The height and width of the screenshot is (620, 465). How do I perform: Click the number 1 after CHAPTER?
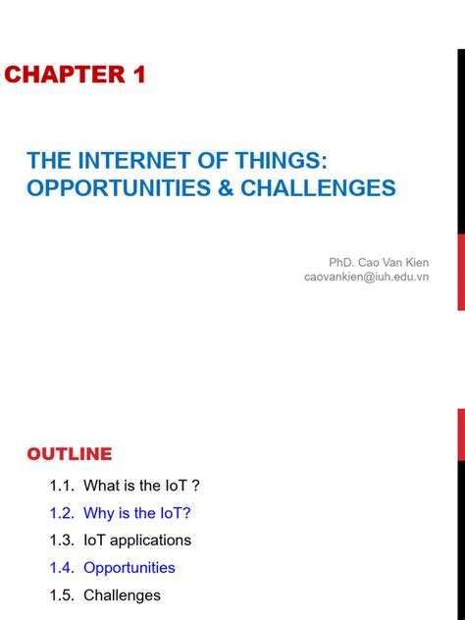pyautogui.click(x=137, y=75)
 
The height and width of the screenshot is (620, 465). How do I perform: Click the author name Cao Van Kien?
pyautogui.click(x=392, y=262)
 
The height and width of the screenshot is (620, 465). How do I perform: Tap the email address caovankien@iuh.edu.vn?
pyautogui.click(x=366, y=278)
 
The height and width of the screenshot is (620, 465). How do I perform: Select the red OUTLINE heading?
pyautogui.click(x=70, y=454)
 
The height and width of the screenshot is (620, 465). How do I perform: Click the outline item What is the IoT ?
pyautogui.click(x=141, y=486)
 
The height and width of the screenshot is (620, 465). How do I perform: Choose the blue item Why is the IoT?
pyautogui.click(x=137, y=513)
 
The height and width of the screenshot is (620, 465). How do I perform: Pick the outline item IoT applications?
pyautogui.click(x=137, y=541)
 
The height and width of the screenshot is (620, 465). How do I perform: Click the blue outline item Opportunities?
pyautogui.click(x=129, y=568)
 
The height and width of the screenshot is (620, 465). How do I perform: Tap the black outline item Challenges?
pyautogui.click(x=122, y=595)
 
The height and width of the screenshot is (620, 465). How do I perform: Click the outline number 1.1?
pyautogui.click(x=61, y=486)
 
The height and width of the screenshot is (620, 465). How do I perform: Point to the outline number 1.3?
pyautogui.click(x=61, y=541)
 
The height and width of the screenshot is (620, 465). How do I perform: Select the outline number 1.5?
pyautogui.click(x=61, y=595)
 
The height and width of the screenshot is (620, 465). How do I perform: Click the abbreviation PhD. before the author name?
pyautogui.click(x=341, y=262)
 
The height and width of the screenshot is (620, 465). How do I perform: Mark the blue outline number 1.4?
pyautogui.click(x=61, y=568)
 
